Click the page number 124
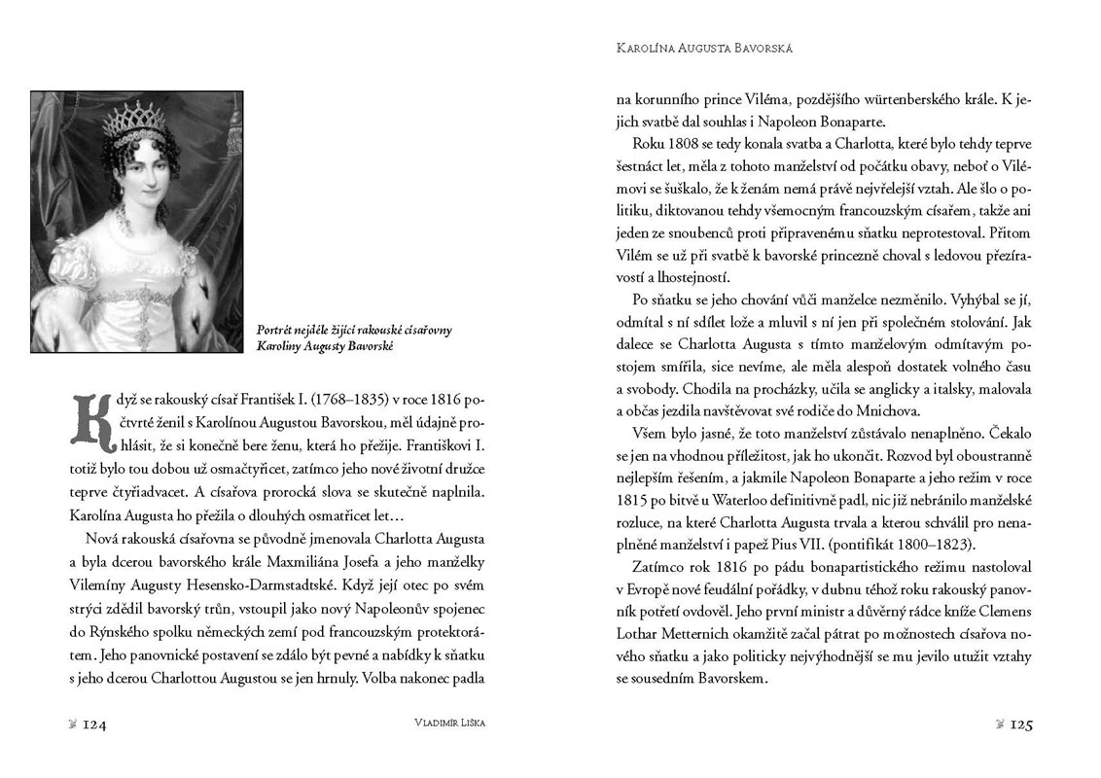coord(93,725)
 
